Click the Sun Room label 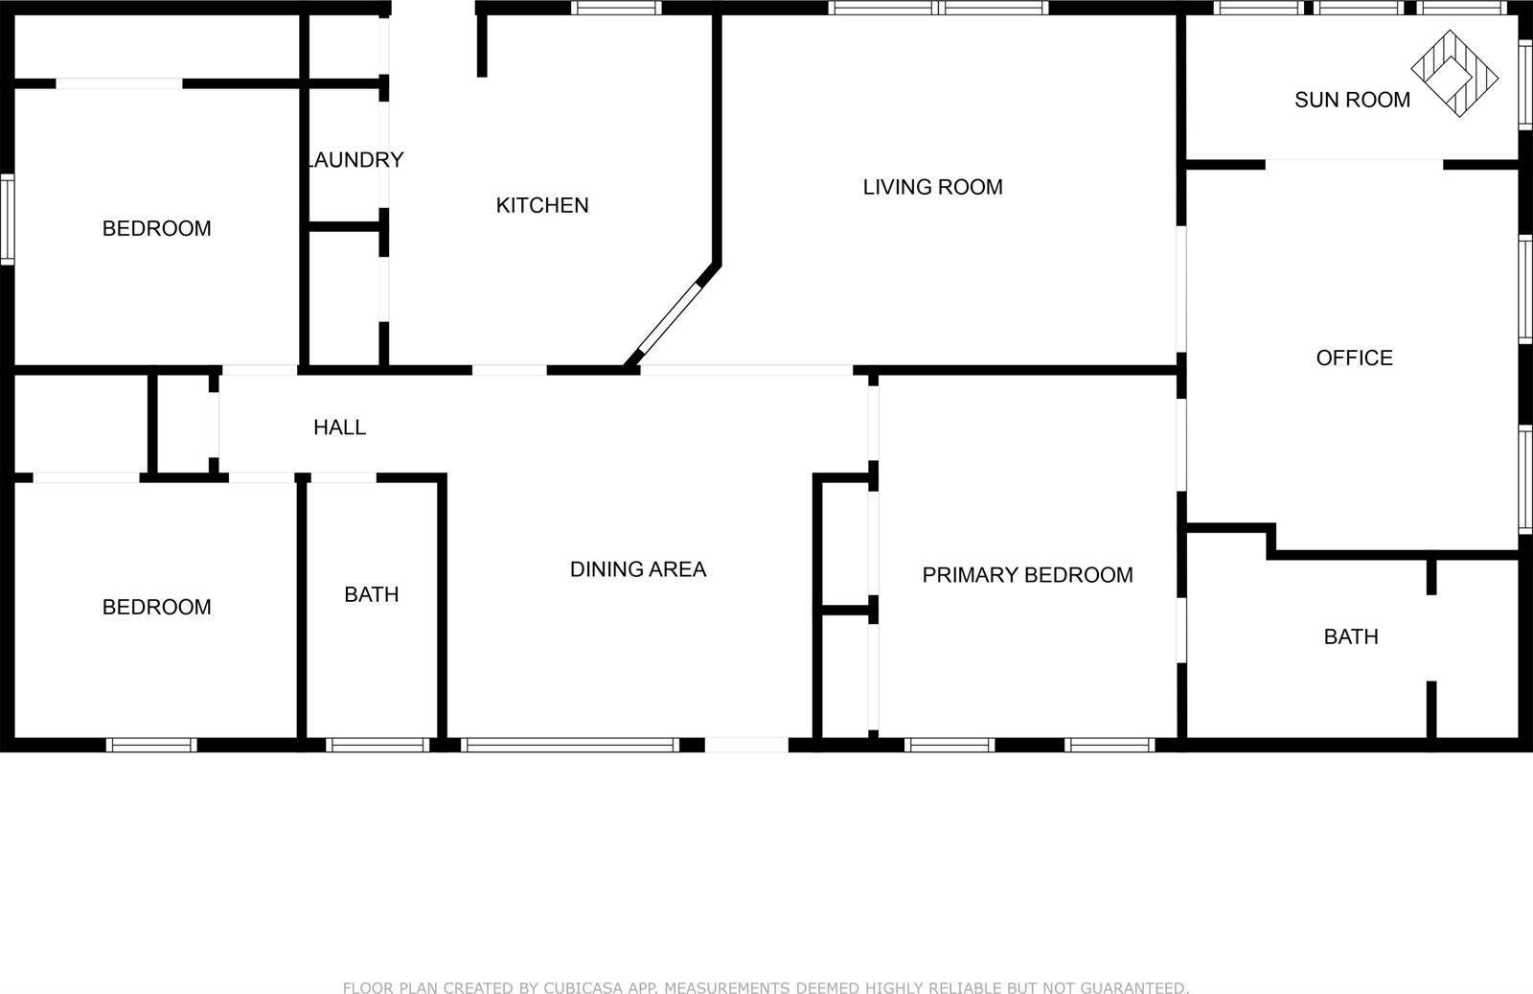[x=1352, y=100]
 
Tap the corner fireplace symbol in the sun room [x=1454, y=74]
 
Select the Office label [x=1354, y=358]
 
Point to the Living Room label [x=932, y=187]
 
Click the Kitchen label [x=542, y=205]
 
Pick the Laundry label [x=355, y=160]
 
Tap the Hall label [x=339, y=428]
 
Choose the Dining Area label [x=638, y=569]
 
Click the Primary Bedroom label [x=1027, y=575]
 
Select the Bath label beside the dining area [x=372, y=594]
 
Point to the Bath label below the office [x=1351, y=636]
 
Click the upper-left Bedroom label [x=156, y=228]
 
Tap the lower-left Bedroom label [x=156, y=607]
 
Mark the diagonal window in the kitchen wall [x=671, y=317]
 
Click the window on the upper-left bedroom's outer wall [x=8, y=220]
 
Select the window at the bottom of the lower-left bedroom [x=151, y=745]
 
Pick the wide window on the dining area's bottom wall [x=570, y=745]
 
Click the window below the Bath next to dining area [x=378, y=745]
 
